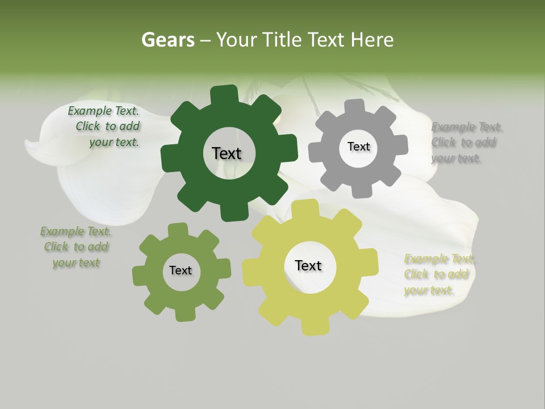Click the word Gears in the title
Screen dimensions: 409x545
point(167,40)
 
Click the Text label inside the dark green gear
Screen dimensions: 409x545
point(227,153)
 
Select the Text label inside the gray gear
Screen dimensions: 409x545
point(358,147)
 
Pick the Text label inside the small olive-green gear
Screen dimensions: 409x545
point(181,270)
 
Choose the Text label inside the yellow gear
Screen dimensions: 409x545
point(308,265)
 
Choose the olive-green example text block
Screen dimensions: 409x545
point(76,247)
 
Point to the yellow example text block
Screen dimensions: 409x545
point(438,274)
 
